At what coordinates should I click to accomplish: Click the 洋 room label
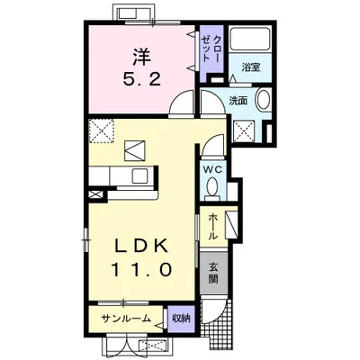(x=141, y=57)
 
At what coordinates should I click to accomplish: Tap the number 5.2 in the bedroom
(x=141, y=80)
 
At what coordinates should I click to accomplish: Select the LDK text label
(x=141, y=247)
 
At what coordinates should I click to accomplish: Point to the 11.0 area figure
(x=142, y=269)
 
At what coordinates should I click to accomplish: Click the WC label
(x=213, y=170)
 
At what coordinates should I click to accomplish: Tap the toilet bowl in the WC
(x=212, y=186)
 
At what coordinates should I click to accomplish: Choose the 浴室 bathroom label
(x=251, y=67)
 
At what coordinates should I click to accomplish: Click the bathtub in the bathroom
(x=250, y=38)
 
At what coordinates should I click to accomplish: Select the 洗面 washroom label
(x=238, y=101)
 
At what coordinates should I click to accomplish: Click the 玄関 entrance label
(x=213, y=273)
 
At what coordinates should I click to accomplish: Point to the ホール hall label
(x=213, y=227)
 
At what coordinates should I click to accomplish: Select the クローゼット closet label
(x=211, y=49)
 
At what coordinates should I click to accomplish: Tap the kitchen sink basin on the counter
(x=140, y=175)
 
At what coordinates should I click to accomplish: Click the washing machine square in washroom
(x=244, y=130)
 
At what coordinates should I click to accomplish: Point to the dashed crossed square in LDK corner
(x=102, y=130)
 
